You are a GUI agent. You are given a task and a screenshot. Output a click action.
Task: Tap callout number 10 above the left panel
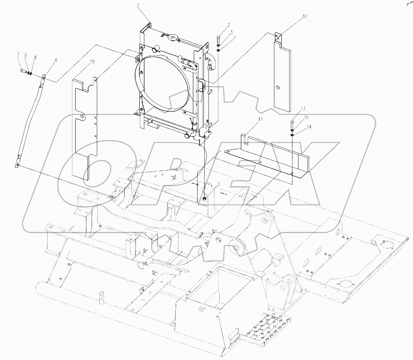92,62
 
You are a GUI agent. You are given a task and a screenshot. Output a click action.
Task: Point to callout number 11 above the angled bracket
260,119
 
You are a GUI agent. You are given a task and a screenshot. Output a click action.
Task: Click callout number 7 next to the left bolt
18,54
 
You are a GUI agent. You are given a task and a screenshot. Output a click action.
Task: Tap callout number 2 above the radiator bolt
217,25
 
